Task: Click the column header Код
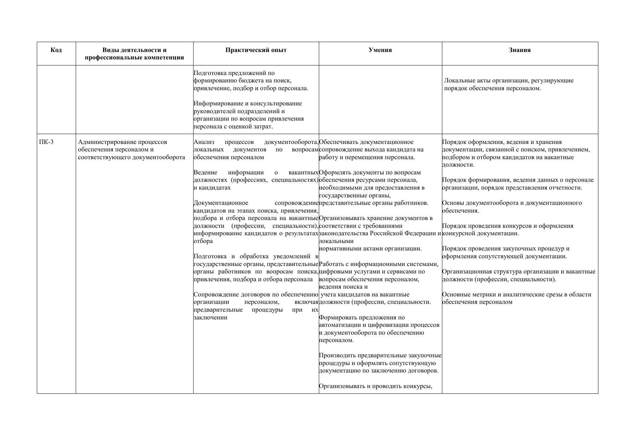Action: click(56, 50)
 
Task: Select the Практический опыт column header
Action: click(256, 50)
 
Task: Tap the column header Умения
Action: click(380, 50)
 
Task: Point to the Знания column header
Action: click(519, 50)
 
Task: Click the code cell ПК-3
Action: click(46, 142)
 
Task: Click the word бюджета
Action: click(250, 81)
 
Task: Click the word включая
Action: click(306, 302)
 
